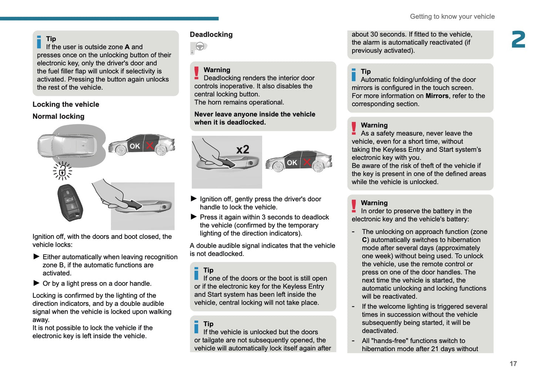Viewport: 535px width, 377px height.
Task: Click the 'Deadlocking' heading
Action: [x=211, y=34]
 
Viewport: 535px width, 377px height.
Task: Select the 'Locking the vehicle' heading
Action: [x=66, y=104]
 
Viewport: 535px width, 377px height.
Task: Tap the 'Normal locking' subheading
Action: [x=58, y=116]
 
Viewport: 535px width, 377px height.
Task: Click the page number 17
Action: [x=513, y=364]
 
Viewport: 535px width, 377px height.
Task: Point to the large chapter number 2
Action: [x=518, y=40]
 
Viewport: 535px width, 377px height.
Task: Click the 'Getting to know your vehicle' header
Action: [x=452, y=17]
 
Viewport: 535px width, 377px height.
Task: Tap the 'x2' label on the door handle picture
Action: [x=243, y=150]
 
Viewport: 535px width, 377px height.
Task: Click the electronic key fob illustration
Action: [x=70, y=202]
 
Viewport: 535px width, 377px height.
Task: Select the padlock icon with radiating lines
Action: [x=62, y=171]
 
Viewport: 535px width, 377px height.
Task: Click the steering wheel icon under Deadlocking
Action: [x=200, y=47]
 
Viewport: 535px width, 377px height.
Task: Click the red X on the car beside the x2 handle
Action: [x=307, y=162]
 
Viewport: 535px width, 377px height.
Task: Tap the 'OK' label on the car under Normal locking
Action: [x=135, y=146]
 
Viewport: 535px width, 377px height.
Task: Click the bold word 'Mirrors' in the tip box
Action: [x=437, y=96]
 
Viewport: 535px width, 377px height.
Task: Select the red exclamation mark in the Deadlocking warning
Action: [x=197, y=73]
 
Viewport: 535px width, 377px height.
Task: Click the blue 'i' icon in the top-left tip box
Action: [x=39, y=42]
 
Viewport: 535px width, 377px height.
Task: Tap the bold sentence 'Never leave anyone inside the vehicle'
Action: [x=255, y=114]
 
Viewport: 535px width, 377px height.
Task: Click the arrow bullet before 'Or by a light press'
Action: [x=36, y=283]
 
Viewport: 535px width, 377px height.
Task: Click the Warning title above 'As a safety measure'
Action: [x=374, y=125]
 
